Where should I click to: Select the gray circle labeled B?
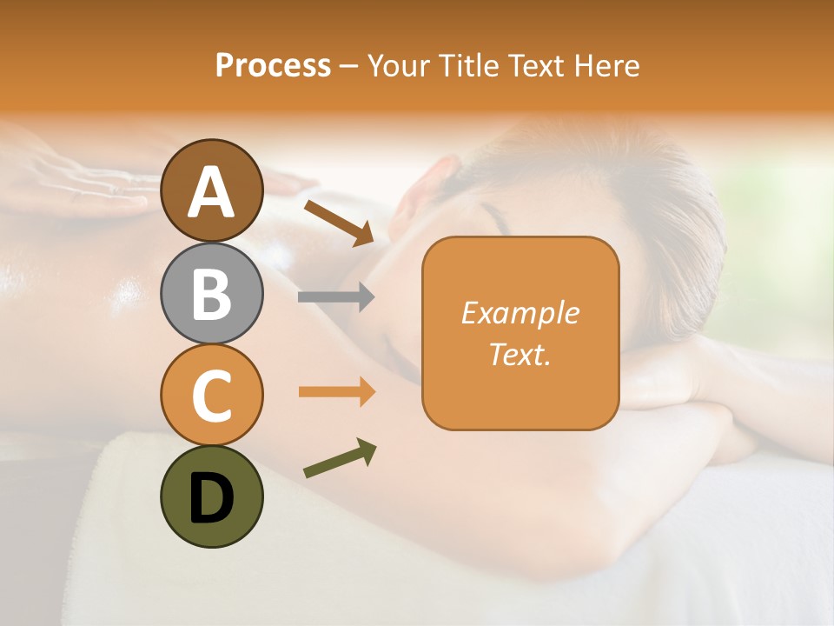coord(211,293)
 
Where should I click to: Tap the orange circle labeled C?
coord(211,395)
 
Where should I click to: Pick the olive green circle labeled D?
coord(211,496)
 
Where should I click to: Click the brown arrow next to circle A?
coord(339,223)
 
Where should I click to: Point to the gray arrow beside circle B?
coord(336,297)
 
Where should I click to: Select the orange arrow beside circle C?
coord(336,391)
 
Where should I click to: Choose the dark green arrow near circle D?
coord(340,458)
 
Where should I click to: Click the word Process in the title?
coord(273,65)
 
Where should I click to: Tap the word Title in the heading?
coord(470,65)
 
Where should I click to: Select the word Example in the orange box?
coord(520,313)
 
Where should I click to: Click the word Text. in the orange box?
coord(520,354)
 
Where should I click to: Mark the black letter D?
coord(211,498)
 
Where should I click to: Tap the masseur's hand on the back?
coord(87,178)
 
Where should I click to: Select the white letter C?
coord(211,396)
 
